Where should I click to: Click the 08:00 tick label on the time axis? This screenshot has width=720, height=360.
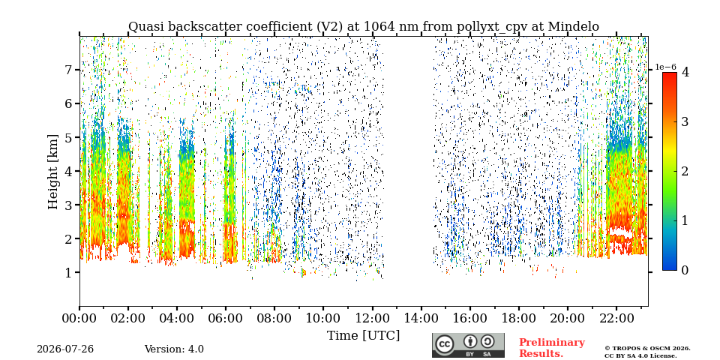pos(274,319)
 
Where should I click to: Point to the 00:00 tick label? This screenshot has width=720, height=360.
pos(79,319)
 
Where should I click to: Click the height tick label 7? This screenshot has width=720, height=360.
pos(70,70)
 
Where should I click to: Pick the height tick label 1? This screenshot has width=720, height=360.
pos(70,272)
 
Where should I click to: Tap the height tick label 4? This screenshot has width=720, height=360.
pos(70,171)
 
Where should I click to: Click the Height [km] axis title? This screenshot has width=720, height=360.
pos(53,172)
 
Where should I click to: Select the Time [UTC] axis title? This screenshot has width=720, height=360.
pos(363,336)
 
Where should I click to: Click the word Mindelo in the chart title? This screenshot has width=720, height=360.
pos(571,27)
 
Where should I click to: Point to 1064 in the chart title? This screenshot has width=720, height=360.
pos(379,27)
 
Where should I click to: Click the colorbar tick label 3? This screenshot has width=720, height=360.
pos(685,121)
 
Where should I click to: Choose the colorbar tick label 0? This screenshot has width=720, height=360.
pos(685,271)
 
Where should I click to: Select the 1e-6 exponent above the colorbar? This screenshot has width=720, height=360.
pos(665,67)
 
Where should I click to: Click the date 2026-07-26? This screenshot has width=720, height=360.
pos(65,349)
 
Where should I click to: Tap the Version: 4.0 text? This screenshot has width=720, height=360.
pos(174,349)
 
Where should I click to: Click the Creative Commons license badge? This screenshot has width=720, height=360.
pos(468,345)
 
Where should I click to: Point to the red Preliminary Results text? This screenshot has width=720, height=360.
pos(552,348)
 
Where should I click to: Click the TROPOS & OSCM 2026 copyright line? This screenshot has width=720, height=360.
pos(647,349)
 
